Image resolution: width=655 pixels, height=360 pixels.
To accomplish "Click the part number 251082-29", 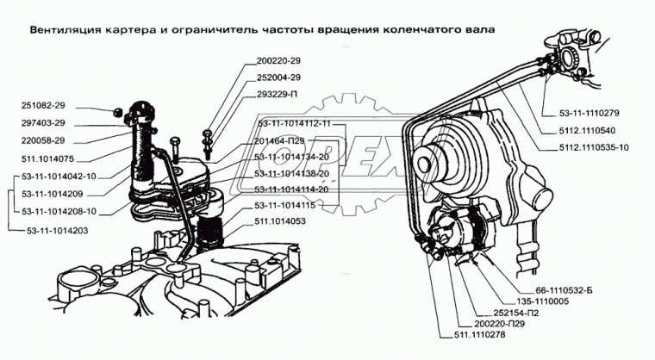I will [x=47, y=108].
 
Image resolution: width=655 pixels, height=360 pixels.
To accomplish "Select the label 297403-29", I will [x=47, y=124].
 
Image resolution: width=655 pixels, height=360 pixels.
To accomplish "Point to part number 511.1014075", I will [x=49, y=158].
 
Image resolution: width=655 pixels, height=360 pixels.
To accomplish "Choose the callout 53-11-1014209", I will [x=53, y=193].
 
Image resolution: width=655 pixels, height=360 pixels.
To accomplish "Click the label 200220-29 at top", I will [x=276, y=62].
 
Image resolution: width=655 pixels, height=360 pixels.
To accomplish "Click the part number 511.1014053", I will [x=279, y=220].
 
